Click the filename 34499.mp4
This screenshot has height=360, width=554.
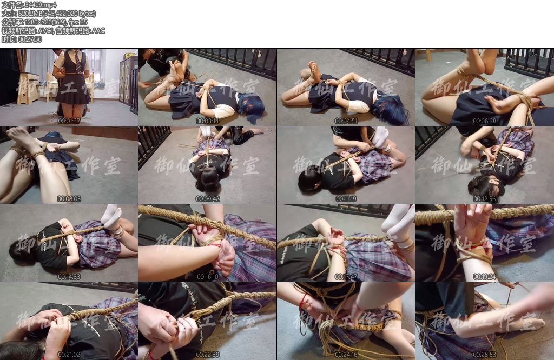tap(41, 4)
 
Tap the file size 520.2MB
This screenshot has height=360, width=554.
tap(30, 13)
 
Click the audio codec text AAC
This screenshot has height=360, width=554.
tap(98, 31)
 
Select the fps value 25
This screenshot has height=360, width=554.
tap(83, 22)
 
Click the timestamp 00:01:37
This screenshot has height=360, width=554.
tap(69, 121)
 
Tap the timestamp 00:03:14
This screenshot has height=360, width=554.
tap(207, 121)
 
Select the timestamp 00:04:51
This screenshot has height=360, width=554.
tap(346, 121)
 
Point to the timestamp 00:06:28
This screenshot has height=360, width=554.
tap(484, 121)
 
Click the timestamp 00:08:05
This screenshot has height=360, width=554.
tap(69, 199)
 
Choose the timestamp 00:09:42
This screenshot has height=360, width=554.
tap(207, 199)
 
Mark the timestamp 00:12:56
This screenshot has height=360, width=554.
tap(484, 199)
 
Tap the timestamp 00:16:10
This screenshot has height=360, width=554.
tap(207, 277)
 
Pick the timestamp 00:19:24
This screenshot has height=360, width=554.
tap(484, 277)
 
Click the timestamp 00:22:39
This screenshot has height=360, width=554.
tap(207, 355)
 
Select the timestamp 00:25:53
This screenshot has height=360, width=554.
tap(484, 355)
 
